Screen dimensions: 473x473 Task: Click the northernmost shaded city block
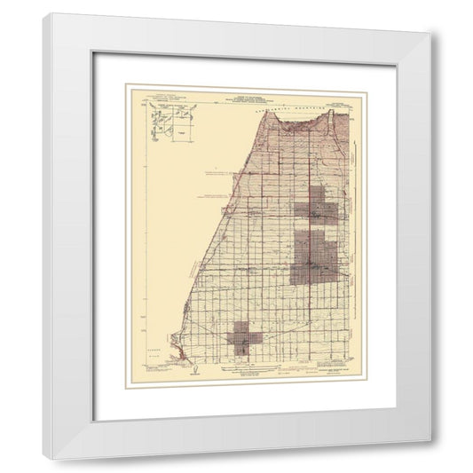316,209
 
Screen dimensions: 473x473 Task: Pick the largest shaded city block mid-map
313,257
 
